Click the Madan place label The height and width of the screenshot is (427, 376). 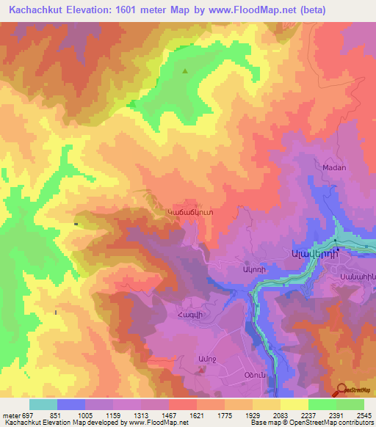(x=334, y=167)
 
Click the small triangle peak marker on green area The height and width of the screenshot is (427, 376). (x=184, y=71)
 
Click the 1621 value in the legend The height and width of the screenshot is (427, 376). (x=196, y=415)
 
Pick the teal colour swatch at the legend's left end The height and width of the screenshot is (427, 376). (x=43, y=404)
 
